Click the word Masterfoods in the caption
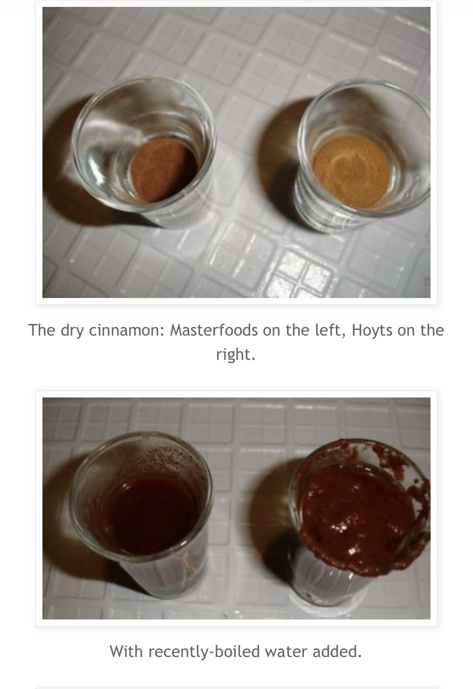[x=214, y=330]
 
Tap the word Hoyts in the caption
[x=372, y=330]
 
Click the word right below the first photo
[x=236, y=354]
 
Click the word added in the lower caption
[x=337, y=651]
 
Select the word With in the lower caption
[x=126, y=651]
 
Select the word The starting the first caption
[x=42, y=330]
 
